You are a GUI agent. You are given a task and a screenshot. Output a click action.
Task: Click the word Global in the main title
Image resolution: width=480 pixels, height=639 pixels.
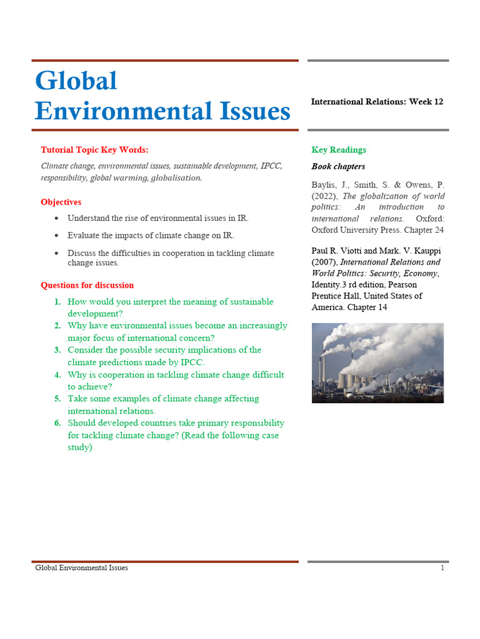tap(76, 81)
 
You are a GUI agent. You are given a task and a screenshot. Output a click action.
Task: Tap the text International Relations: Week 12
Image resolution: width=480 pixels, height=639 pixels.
tap(377, 102)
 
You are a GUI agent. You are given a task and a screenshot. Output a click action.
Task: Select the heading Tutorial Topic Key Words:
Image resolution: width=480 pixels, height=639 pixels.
tap(94, 150)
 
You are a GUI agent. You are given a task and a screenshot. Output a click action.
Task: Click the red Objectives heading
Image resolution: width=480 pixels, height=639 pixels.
tap(61, 202)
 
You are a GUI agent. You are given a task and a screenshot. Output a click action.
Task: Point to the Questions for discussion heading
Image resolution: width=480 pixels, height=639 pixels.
tap(87, 285)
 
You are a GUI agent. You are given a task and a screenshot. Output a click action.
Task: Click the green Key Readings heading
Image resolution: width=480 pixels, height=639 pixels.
tap(339, 150)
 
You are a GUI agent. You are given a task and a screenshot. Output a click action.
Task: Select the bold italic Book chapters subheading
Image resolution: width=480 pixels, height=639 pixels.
tap(338, 167)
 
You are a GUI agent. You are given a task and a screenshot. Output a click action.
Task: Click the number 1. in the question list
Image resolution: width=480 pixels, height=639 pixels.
tap(57, 302)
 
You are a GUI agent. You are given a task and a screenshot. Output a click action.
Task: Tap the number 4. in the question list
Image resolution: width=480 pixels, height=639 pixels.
tap(57, 375)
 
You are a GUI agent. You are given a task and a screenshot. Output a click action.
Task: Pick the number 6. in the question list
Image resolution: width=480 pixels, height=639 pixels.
tap(57, 423)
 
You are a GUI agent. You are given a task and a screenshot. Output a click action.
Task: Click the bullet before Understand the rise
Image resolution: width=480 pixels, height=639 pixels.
tap(57, 218)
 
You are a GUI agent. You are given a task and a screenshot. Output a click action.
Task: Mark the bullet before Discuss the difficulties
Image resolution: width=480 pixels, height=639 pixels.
tap(57, 253)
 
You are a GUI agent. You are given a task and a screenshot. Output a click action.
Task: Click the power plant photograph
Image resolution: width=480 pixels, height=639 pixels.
tap(377, 363)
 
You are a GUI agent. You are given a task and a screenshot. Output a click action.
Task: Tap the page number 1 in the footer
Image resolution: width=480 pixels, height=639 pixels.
tap(442, 568)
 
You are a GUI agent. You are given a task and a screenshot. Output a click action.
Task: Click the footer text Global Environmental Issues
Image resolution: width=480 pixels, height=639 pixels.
tap(81, 568)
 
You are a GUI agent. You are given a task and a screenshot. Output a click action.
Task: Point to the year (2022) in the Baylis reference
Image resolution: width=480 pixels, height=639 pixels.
tap(324, 196)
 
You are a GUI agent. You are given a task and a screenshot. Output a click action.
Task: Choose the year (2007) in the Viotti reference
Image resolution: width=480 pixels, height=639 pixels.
tap(324, 262)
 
